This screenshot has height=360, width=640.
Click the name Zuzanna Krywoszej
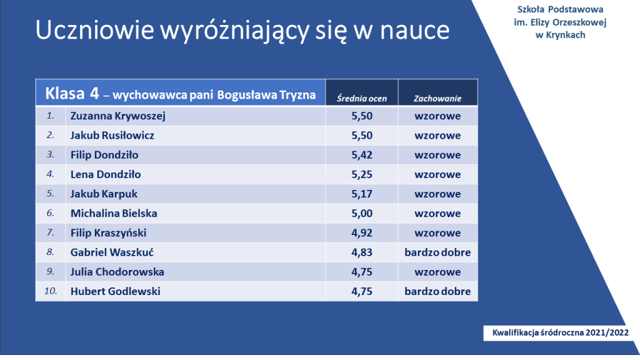(x=118, y=116)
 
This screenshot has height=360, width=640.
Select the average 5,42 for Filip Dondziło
(x=362, y=155)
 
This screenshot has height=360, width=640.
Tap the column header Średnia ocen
(x=362, y=98)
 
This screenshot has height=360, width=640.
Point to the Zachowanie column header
(x=437, y=98)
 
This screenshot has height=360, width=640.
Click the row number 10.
(x=51, y=291)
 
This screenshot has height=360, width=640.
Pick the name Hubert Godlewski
(x=116, y=291)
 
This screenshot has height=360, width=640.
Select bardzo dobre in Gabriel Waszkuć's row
(x=437, y=252)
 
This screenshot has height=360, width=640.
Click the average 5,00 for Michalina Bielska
(x=362, y=214)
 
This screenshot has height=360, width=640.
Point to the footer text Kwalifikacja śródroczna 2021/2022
(x=561, y=332)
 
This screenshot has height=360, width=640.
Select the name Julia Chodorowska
(x=117, y=272)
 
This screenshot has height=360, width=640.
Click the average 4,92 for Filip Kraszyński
(x=362, y=233)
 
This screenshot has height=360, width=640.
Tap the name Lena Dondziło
(x=105, y=174)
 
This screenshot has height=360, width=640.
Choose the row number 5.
(x=50, y=194)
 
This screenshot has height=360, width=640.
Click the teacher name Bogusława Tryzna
(x=266, y=95)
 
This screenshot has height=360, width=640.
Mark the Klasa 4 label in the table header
(x=72, y=94)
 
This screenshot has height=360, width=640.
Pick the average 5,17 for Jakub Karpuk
(x=362, y=194)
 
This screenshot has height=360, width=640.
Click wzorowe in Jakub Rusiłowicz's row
(x=437, y=136)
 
